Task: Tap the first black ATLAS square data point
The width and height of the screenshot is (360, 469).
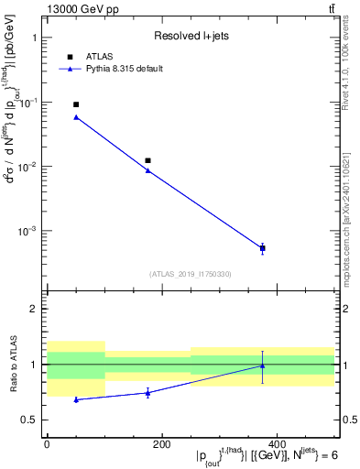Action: click(x=76, y=104)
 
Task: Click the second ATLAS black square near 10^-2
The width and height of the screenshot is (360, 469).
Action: click(x=147, y=160)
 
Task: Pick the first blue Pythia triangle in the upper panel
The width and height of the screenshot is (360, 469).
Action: click(x=76, y=117)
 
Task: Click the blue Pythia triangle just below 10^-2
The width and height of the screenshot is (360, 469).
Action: click(x=147, y=170)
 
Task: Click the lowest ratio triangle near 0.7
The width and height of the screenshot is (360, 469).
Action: click(x=76, y=399)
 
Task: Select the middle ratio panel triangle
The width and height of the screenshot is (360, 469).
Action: click(x=147, y=393)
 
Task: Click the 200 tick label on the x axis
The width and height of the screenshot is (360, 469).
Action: click(x=161, y=443)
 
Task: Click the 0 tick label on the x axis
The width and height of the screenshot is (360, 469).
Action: click(x=47, y=443)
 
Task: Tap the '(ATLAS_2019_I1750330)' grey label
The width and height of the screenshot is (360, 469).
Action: click(x=191, y=274)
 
